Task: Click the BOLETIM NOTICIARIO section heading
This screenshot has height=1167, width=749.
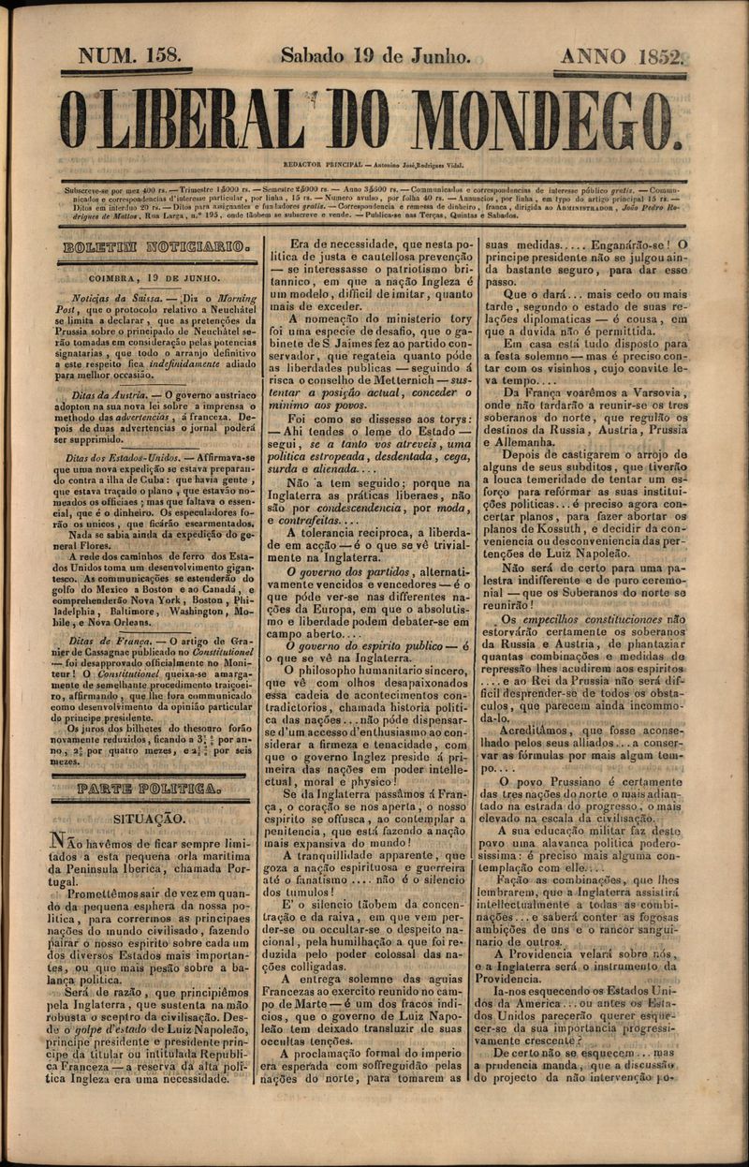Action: click(155, 248)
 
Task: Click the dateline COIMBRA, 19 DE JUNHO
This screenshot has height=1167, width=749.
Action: click(155, 277)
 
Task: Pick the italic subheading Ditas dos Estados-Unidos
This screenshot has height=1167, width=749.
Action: click(123, 458)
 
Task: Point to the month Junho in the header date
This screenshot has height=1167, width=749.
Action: click(437, 55)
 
